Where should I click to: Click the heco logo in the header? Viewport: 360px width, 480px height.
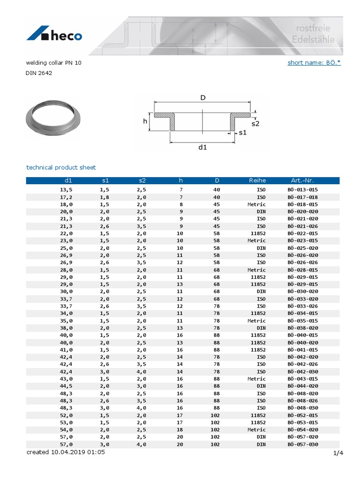[54, 35]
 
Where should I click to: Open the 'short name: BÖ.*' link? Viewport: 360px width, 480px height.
[314, 62]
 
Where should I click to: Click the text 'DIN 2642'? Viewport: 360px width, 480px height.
[36, 73]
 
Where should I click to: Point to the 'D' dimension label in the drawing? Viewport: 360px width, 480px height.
[203, 98]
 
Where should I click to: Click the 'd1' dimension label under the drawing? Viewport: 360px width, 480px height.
[202, 147]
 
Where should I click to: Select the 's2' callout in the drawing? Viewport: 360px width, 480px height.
[255, 124]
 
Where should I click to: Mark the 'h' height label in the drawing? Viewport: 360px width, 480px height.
[145, 121]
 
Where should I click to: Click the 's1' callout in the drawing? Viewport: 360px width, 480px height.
[242, 133]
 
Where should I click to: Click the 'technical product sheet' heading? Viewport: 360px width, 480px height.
[61, 167]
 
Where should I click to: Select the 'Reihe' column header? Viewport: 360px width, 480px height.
[257, 180]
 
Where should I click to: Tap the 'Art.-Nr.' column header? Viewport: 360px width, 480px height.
[302, 180]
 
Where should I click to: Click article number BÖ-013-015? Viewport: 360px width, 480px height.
[302, 189]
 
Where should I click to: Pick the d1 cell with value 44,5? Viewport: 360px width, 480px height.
[66, 386]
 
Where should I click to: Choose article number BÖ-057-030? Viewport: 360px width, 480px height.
[302, 444]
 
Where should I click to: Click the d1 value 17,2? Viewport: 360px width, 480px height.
[66, 197]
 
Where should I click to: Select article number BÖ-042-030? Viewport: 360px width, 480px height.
[302, 372]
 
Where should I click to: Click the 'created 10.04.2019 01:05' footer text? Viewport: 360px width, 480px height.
[72, 453]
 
